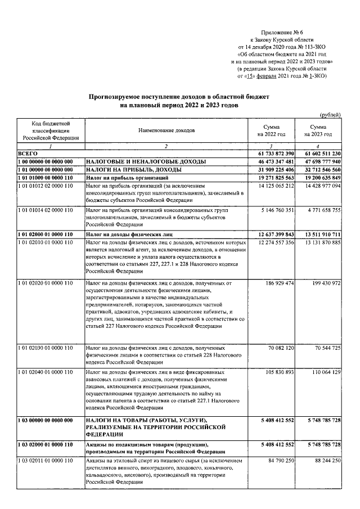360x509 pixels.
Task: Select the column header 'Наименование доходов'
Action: pos(166,130)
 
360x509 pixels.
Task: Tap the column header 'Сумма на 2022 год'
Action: pos(272,131)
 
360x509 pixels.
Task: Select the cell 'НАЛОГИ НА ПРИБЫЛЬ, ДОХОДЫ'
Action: pos(133,169)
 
